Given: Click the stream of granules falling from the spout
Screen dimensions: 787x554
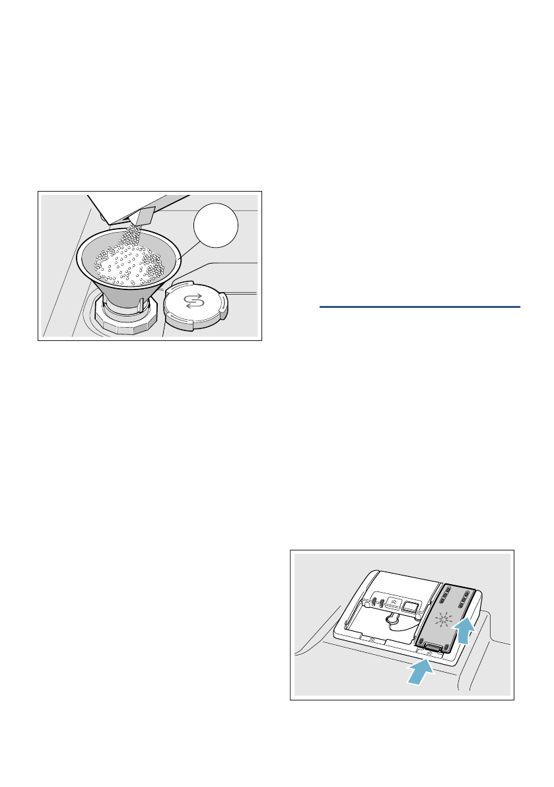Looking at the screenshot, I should point(135,232).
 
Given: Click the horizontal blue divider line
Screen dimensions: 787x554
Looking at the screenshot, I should point(420,307).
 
